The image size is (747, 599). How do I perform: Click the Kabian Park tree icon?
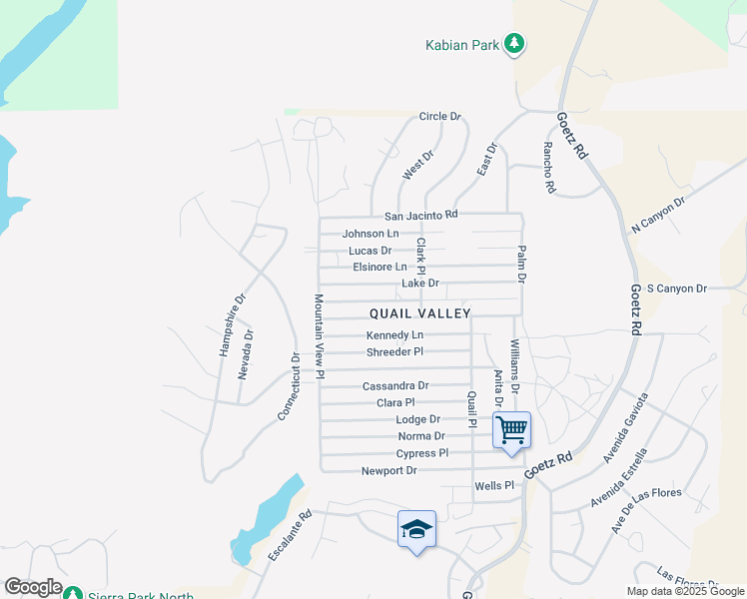coord(514,43)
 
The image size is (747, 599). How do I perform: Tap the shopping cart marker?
coord(511,430)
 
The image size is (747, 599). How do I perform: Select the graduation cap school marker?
coord(416,528)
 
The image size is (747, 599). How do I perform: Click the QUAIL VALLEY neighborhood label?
coord(420,313)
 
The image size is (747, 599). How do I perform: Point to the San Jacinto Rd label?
coord(420,215)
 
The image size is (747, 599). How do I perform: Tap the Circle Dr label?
coord(440,117)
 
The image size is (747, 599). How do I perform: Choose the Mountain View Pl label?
coord(320,336)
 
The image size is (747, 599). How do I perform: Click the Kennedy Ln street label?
coord(395,335)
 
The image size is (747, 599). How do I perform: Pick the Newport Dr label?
coord(389,470)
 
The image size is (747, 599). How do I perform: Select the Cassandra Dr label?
coord(395,385)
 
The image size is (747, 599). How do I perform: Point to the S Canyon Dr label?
coord(676,289)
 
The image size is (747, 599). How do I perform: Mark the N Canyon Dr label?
coord(658,215)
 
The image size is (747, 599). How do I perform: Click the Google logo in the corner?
coord(33,587)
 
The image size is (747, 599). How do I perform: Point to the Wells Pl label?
coord(493,486)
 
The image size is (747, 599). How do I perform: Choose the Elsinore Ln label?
coord(380,267)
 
